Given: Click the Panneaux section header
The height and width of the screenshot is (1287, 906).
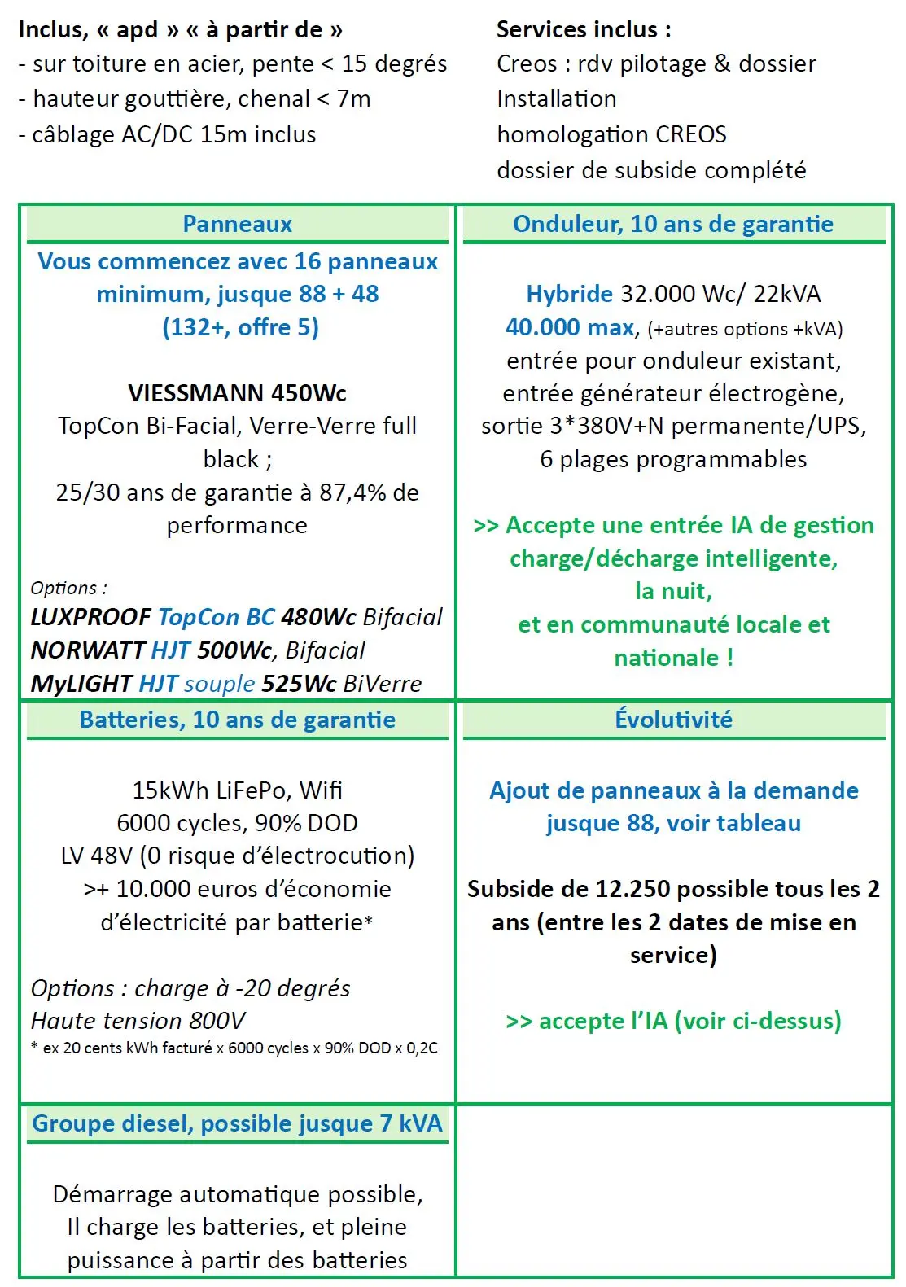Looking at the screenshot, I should coord(237,224).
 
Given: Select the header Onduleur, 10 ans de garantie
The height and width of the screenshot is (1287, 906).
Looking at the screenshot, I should coord(672,224).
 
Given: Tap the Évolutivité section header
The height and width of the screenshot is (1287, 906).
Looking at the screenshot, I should coord(673,720).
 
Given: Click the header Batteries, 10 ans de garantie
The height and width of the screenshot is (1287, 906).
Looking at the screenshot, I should coord(237,720).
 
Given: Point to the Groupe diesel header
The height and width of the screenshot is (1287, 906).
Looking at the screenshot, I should coord(237,1123).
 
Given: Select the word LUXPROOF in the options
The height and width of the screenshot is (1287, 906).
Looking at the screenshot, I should coord(90,617).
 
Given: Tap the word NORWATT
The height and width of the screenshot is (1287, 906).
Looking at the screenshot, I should coord(87,650).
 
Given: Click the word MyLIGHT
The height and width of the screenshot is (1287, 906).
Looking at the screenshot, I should coord(81,684).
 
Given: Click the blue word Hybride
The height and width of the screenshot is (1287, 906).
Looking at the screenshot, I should coord(569,294).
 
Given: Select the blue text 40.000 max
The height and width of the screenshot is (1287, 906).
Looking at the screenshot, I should coord(570,327).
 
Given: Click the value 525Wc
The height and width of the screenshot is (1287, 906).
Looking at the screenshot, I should coord(299,684).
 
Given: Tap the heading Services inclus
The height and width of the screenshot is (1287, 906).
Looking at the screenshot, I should coord(584,30).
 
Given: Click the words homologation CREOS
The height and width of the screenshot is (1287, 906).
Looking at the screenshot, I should coord(611,134).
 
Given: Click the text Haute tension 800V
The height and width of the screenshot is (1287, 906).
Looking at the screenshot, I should coord(138,1021).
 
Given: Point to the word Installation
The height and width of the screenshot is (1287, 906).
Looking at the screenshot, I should coord(557,98).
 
